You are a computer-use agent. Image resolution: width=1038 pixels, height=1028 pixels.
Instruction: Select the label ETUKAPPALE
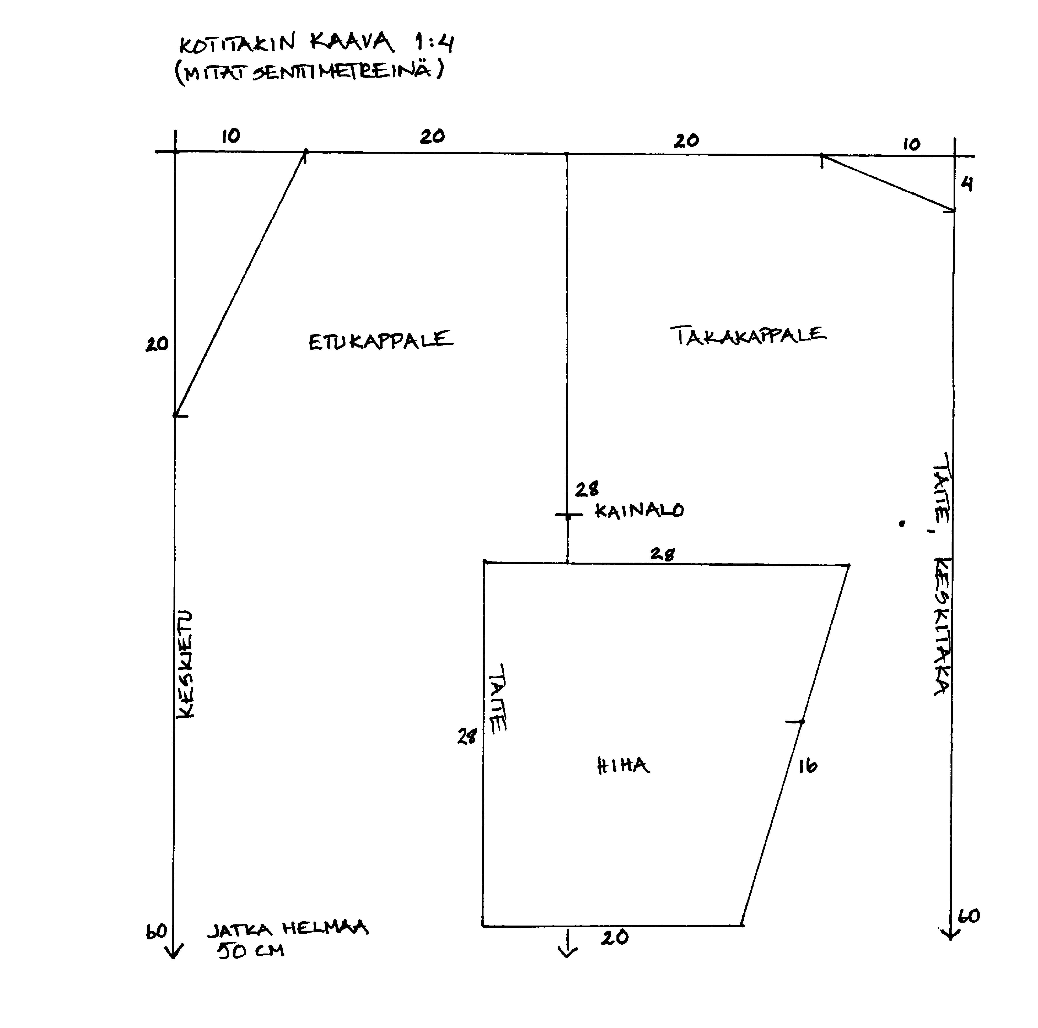(380, 340)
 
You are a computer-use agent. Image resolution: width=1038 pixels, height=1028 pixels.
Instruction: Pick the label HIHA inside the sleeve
(623, 765)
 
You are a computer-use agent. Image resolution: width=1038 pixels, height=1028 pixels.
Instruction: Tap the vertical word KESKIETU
(185, 664)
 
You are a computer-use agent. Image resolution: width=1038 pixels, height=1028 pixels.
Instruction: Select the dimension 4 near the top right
(967, 184)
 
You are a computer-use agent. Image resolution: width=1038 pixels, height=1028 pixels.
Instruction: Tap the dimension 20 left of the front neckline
(157, 344)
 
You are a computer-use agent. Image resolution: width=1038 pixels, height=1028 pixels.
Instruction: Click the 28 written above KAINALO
(587, 489)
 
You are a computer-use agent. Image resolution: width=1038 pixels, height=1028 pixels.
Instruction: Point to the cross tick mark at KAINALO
(568, 516)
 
